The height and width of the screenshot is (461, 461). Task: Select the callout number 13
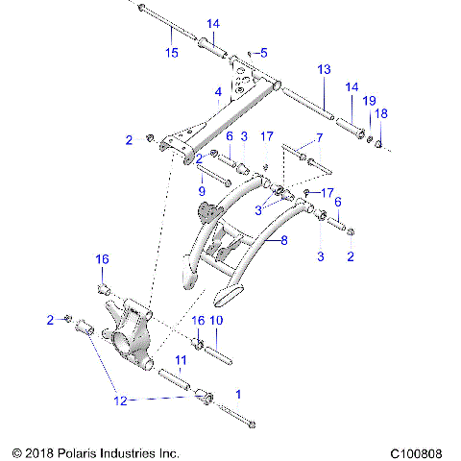click(x=324, y=70)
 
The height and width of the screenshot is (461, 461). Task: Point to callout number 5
click(x=265, y=52)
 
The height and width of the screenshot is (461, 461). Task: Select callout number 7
click(x=320, y=139)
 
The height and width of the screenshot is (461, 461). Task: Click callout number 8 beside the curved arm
click(x=282, y=242)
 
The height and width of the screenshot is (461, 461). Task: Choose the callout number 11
click(x=179, y=360)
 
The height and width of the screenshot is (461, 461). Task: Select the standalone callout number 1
click(x=239, y=394)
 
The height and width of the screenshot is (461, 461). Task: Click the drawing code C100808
click(x=419, y=450)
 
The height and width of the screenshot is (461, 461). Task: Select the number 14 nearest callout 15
click(x=212, y=23)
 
